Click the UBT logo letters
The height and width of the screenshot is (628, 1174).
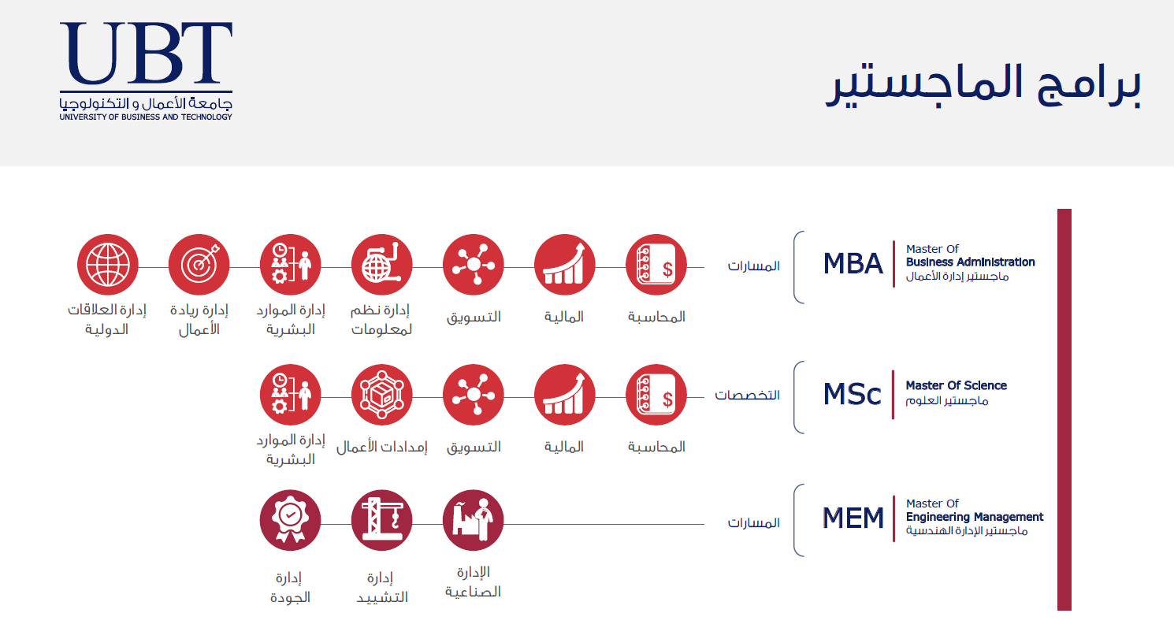(146, 53)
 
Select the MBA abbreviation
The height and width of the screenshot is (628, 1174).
(853, 264)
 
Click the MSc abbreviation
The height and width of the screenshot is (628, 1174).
(852, 394)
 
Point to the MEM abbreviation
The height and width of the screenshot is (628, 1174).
(853, 518)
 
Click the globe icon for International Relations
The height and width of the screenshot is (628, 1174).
(107, 265)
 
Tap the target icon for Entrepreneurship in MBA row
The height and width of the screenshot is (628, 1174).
(199, 265)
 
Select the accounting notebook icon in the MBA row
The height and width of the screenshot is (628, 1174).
(656, 265)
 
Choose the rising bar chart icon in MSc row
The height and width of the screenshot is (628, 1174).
(564, 395)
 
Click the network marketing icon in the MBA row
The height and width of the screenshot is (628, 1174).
(474, 265)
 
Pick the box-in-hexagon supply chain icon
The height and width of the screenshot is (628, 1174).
(381, 395)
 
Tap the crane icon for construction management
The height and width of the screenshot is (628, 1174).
(381, 520)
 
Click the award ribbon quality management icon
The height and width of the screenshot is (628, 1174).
(291, 520)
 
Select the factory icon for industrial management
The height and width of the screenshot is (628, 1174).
(474, 520)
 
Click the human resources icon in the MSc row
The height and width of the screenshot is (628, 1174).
(291, 395)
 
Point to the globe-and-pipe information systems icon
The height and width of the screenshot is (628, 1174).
(381, 265)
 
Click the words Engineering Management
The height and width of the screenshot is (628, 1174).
(975, 518)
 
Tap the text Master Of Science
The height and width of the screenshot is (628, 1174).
(957, 385)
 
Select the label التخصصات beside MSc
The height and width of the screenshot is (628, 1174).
(748, 395)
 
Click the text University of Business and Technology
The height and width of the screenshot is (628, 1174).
(146, 117)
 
